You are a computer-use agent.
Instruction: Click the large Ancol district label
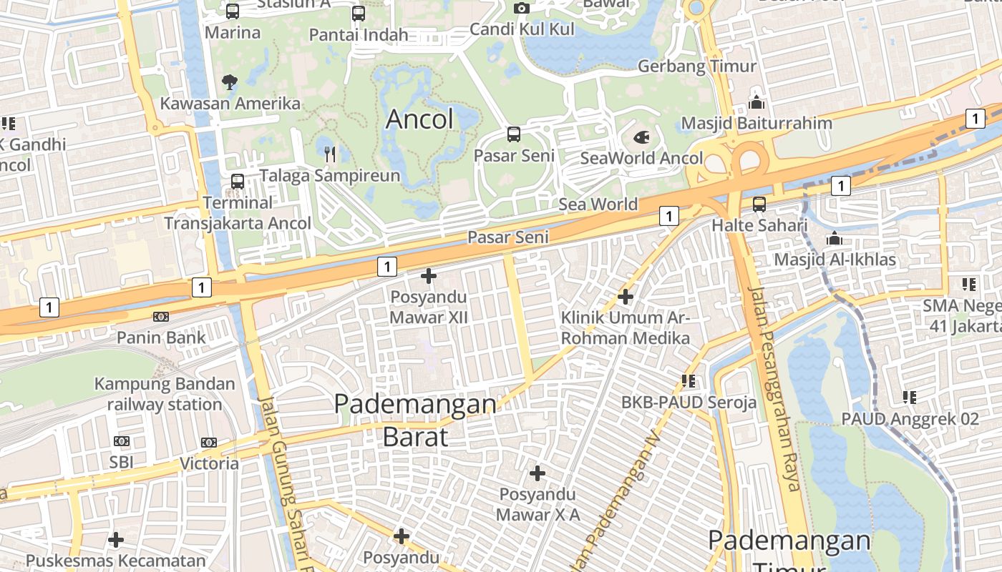tap(419, 119)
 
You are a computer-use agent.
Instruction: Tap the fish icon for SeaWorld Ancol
tap(642, 136)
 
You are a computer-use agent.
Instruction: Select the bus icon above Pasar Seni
tap(514, 134)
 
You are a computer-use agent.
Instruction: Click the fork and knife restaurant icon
tap(330, 154)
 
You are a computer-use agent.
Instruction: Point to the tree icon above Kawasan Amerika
tap(230, 82)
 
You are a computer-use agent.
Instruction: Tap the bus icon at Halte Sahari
tap(759, 204)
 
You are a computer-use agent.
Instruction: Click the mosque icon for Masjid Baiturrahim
tap(757, 102)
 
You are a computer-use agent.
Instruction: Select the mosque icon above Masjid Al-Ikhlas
tap(834, 238)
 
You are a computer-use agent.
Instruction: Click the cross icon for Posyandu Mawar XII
tap(429, 275)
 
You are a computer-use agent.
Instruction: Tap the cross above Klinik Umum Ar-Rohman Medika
tap(626, 296)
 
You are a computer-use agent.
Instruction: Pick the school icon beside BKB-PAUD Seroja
tap(689, 381)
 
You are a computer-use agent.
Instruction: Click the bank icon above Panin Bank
tap(161, 316)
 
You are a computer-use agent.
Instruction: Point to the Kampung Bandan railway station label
tap(165, 394)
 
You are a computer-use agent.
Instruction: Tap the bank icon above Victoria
tap(209, 443)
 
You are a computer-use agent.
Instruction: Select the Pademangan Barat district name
tap(415, 420)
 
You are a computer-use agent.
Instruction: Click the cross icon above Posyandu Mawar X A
tap(538, 473)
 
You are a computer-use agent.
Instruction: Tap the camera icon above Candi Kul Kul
tap(522, 8)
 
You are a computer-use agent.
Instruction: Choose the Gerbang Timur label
tap(696, 66)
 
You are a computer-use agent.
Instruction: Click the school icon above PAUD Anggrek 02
tap(910, 397)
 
